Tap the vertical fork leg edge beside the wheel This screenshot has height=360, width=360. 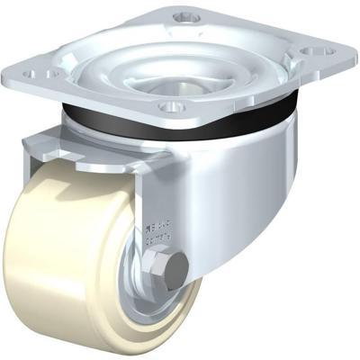coord(134,216)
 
